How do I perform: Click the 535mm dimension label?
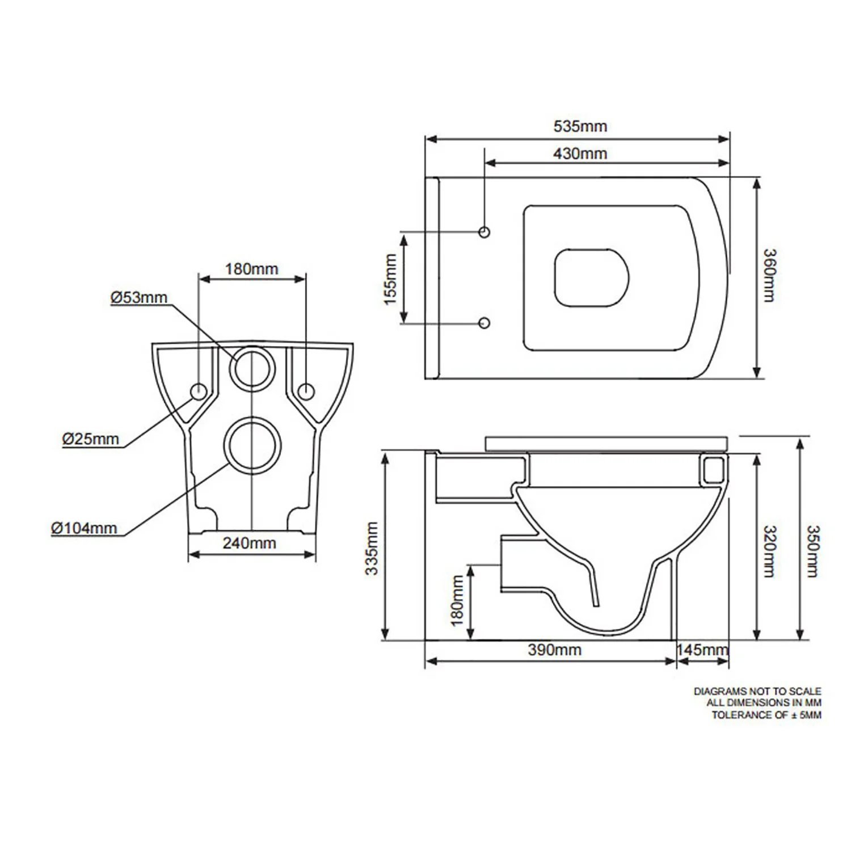[580, 126]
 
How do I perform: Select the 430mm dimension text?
[580, 153]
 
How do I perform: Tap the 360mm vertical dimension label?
[769, 275]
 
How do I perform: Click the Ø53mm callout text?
[139, 297]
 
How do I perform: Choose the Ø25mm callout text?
[91, 439]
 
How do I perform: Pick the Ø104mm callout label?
[84, 528]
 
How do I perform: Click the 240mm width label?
[249, 543]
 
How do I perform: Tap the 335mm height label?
[372, 549]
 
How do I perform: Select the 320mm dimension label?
[769, 551]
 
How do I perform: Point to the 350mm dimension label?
[812, 551]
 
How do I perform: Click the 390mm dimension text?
[554, 650]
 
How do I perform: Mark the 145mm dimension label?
[702, 650]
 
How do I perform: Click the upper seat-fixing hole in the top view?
[485, 231]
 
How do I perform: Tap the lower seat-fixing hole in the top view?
[485, 323]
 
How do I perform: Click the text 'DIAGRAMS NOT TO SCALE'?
[757, 692]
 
